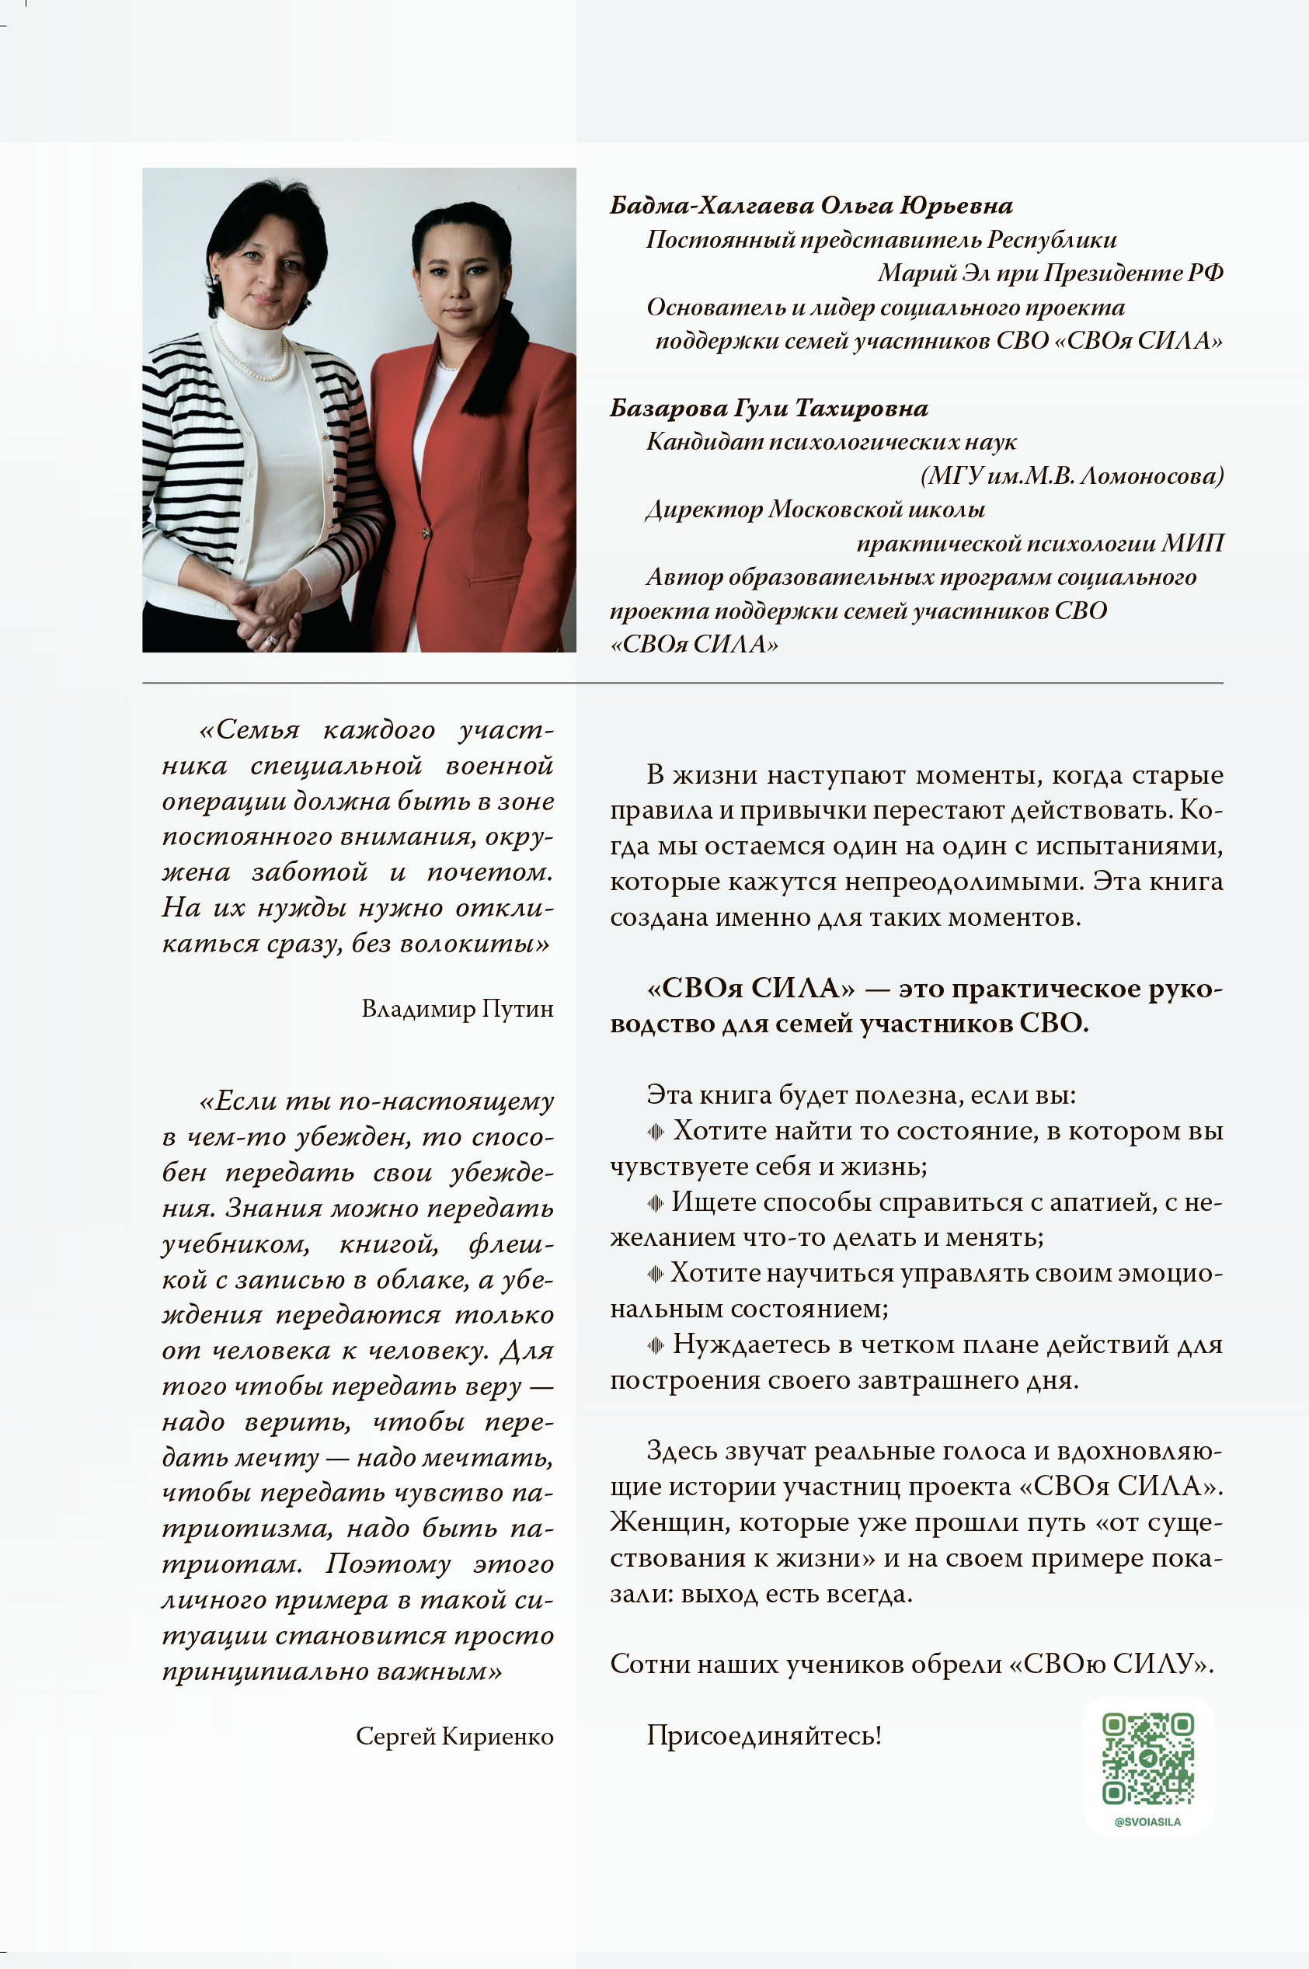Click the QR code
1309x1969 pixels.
pyautogui.click(x=1148, y=1759)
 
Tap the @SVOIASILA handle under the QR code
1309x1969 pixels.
pyautogui.click(x=1148, y=1822)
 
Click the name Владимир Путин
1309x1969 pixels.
pyautogui.click(x=457, y=1009)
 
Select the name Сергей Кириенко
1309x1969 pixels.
pyautogui.click(x=454, y=1736)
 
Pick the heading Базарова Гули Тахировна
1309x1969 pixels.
pyautogui.click(x=768, y=408)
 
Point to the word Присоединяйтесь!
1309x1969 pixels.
pyautogui.click(x=764, y=1736)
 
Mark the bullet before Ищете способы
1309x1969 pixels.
pyautogui.click(x=656, y=1203)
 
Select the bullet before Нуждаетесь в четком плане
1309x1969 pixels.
pyautogui.click(x=656, y=1345)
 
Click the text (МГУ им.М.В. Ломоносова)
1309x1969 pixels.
pyautogui.click(x=1072, y=476)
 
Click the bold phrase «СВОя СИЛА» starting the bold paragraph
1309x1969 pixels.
pyautogui.click(x=750, y=989)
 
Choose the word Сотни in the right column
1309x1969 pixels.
pyautogui.click(x=649, y=1665)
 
